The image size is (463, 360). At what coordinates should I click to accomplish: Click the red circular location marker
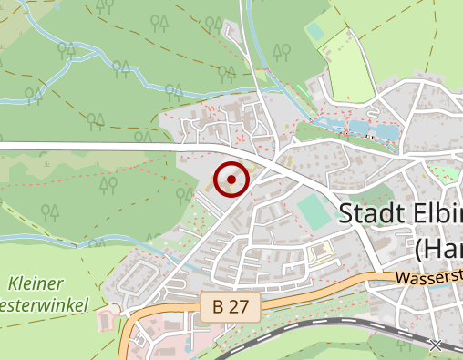point(231,180)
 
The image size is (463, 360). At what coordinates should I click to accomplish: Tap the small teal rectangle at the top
point(315,31)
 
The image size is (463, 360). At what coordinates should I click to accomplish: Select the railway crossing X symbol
point(436,345)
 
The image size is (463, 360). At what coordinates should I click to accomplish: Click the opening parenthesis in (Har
point(420,247)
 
